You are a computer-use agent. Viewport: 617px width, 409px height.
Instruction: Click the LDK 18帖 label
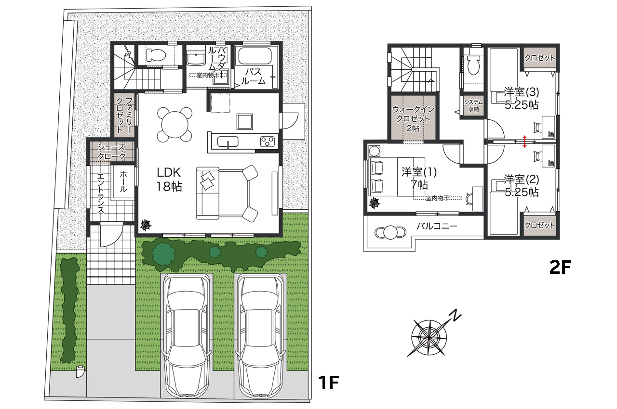click(x=169, y=179)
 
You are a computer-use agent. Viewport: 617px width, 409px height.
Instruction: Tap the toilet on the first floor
click(x=156, y=55)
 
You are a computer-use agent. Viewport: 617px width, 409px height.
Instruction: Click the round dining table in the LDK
click(x=174, y=125)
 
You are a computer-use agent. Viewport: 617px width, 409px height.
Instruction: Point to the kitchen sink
click(x=228, y=142)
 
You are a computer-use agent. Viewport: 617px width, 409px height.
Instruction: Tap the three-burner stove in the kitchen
click(x=267, y=141)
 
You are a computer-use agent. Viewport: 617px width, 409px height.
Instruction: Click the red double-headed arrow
click(x=524, y=141)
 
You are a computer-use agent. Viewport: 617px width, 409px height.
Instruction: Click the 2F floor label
click(x=560, y=267)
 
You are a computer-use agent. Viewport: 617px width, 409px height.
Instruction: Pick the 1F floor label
click(x=328, y=383)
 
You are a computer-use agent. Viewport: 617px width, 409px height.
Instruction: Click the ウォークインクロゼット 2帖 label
click(x=413, y=119)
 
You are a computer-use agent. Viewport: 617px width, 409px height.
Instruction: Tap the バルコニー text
click(x=437, y=226)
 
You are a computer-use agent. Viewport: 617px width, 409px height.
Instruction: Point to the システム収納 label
click(x=473, y=105)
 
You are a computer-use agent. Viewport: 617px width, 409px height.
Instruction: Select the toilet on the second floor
click(x=473, y=65)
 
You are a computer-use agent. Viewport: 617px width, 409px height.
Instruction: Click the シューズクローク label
click(x=111, y=152)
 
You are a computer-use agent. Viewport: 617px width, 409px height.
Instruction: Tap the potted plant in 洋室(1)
click(x=375, y=204)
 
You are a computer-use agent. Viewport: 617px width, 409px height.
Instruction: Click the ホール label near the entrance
click(x=123, y=181)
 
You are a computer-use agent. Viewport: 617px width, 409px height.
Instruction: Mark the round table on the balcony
click(x=390, y=232)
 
